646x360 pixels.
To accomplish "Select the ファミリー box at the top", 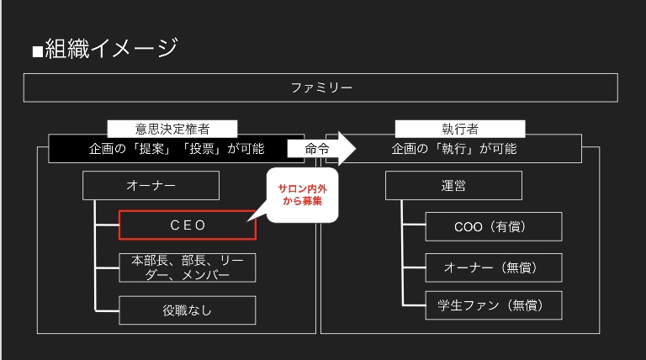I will point(320,87).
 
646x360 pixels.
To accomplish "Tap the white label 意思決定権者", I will point(172,129).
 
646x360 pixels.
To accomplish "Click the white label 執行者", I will point(460,129).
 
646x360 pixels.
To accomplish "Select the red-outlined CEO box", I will point(187,225).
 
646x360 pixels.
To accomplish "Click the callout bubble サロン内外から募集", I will point(302,195).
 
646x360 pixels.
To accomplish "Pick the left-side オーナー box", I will point(151,185).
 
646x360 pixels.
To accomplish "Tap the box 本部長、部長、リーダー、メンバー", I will point(187,267).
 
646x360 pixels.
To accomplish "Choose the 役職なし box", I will point(187,310).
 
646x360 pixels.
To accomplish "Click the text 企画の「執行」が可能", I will point(453,149).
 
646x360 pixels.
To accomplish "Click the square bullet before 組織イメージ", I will point(37,50).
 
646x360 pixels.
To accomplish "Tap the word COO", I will point(468,226).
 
